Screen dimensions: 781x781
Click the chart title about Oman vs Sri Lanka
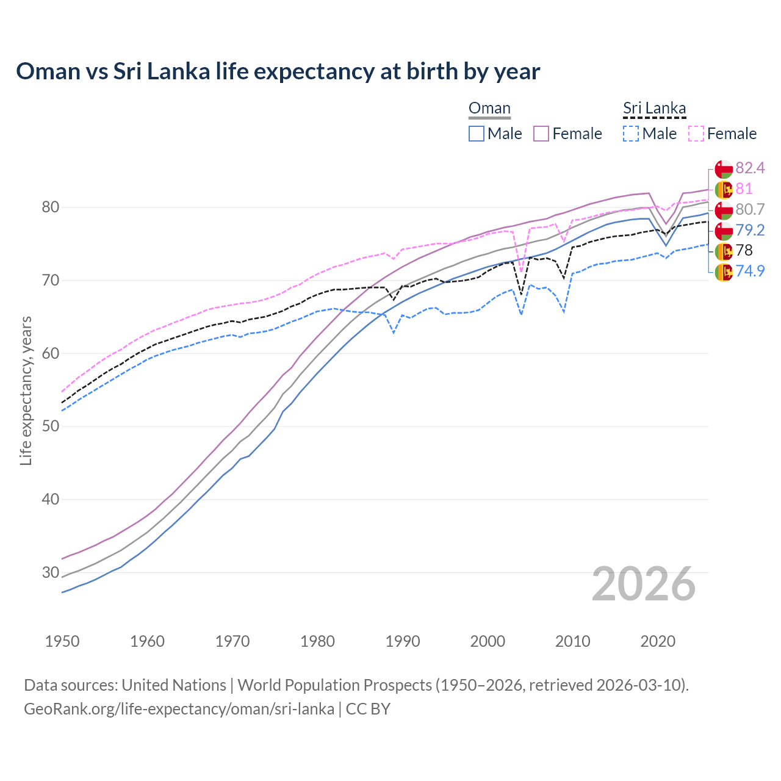[x=278, y=71]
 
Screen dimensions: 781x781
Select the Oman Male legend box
[x=477, y=134]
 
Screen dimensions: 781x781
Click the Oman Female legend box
[x=541, y=134]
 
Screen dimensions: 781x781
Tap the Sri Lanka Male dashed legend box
[x=631, y=134]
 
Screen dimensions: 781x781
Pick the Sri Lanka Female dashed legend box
[x=696, y=134]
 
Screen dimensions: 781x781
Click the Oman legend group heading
[x=489, y=109]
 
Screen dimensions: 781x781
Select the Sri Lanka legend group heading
[x=654, y=109]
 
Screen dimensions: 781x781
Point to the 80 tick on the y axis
[x=50, y=207]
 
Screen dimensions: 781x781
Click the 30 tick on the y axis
[x=50, y=572]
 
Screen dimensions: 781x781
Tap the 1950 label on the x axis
[x=62, y=641]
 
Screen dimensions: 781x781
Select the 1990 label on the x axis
[x=403, y=641]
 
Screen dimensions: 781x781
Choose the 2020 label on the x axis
[x=658, y=641]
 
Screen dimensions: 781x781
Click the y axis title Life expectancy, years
[x=26, y=390]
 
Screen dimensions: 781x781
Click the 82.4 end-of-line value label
[x=750, y=168]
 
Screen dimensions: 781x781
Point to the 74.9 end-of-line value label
[x=750, y=271]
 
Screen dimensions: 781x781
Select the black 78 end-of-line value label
[x=744, y=250]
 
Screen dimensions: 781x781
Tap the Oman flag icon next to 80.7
[x=724, y=210]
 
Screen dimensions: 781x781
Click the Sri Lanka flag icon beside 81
[x=724, y=189]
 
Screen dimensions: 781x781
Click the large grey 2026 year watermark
[x=643, y=584]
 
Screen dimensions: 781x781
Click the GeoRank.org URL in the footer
[x=179, y=709]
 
